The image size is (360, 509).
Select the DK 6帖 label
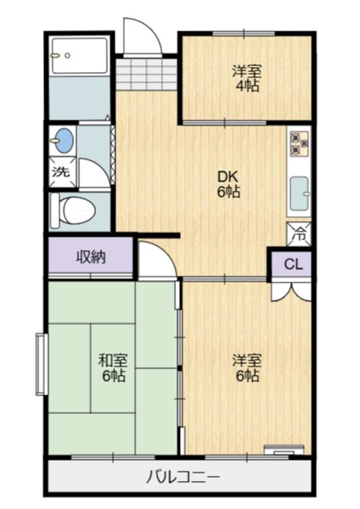228,184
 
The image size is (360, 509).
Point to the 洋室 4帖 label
246,78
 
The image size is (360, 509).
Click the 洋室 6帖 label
246,366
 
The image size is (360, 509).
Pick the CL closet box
292,265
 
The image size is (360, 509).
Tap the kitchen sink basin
301,193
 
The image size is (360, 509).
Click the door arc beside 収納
155,259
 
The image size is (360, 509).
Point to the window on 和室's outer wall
40,366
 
